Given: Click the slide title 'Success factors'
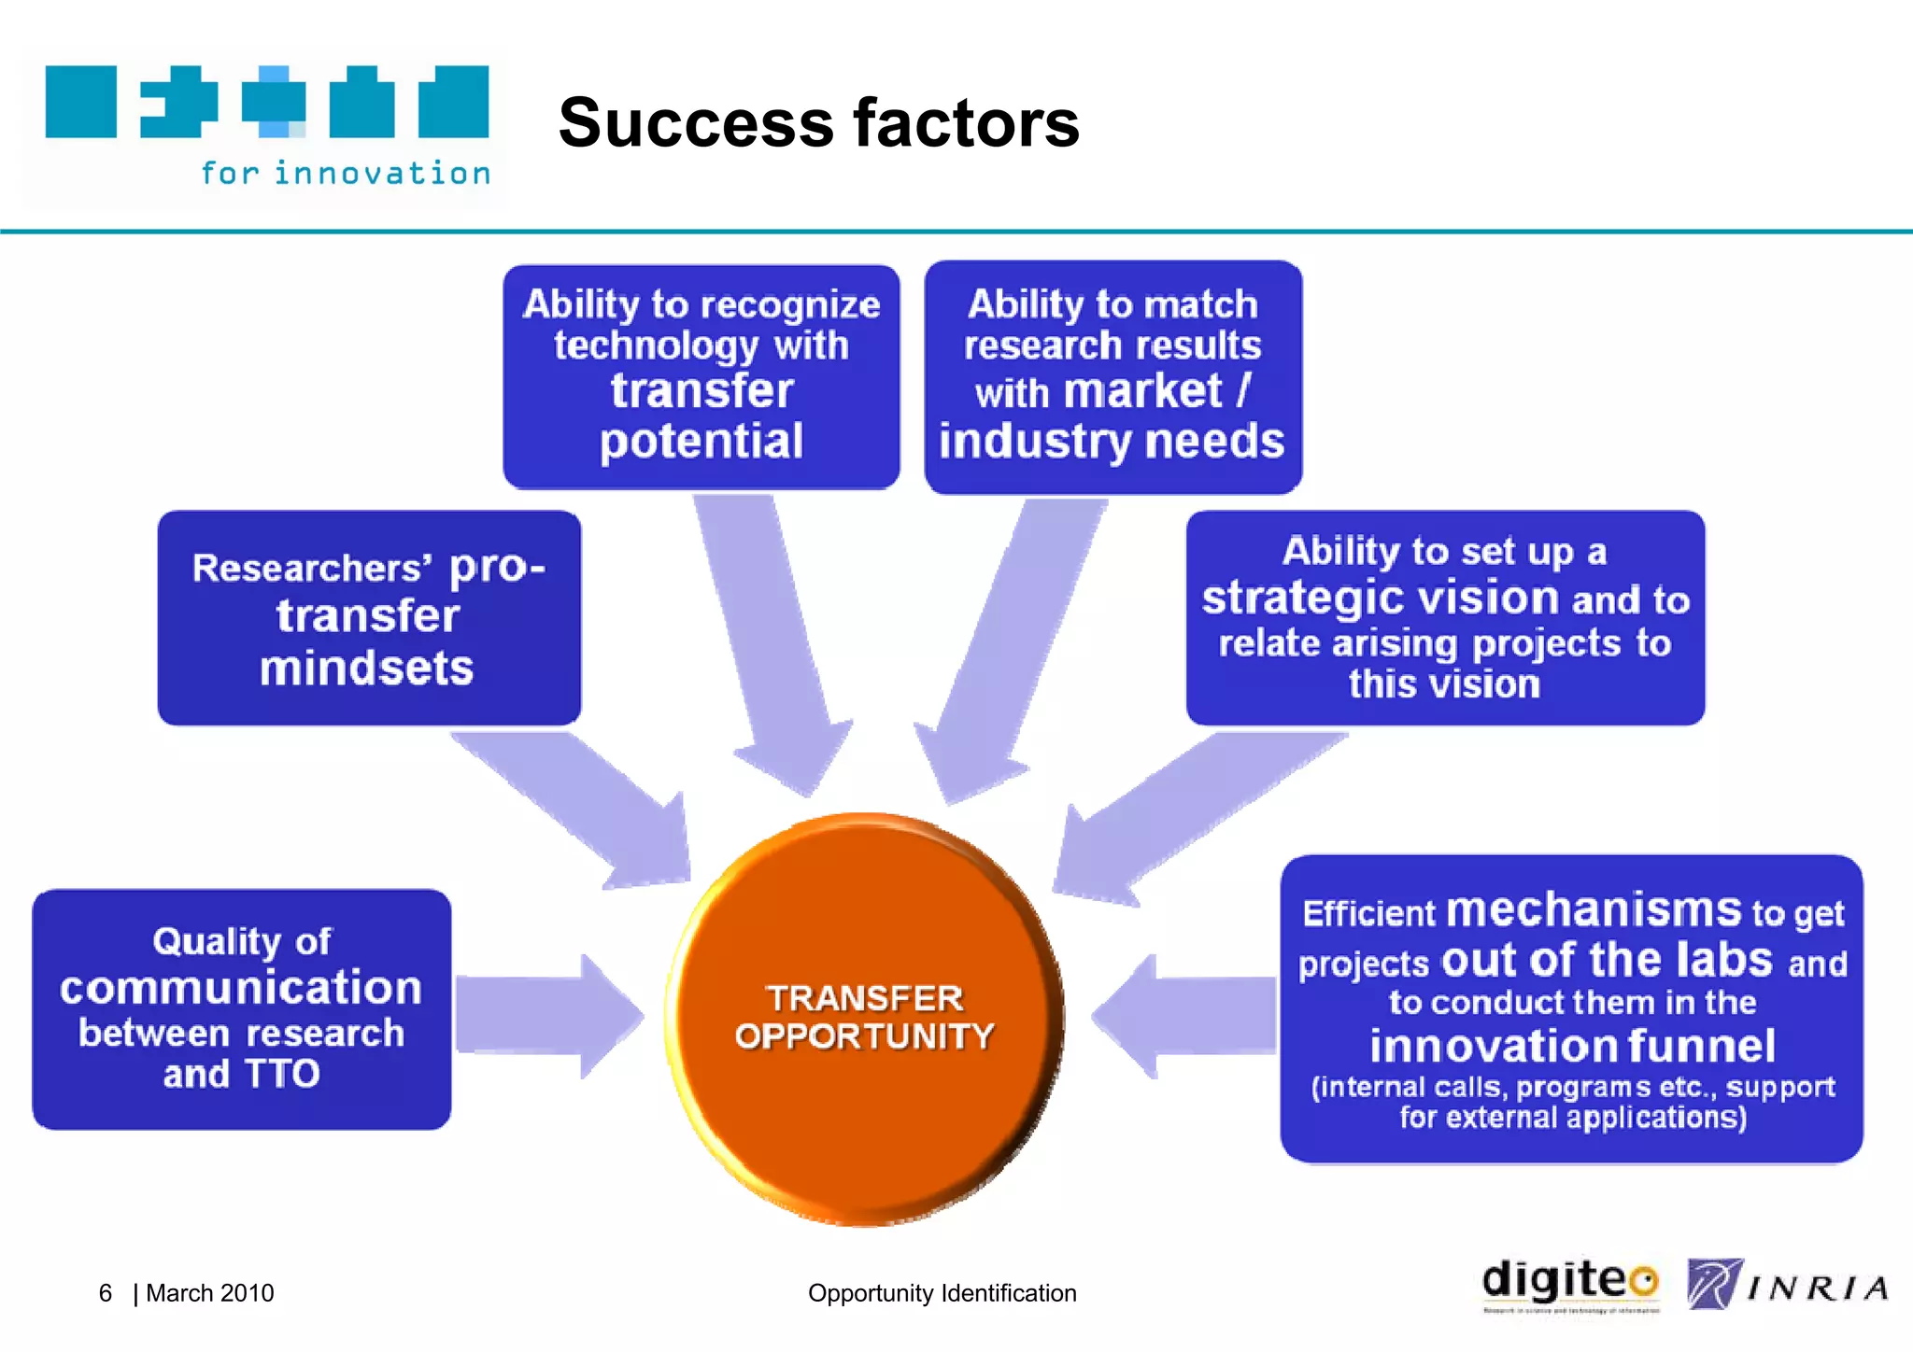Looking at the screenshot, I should pyautogui.click(x=818, y=123).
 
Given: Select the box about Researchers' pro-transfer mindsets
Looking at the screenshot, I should pyautogui.click(x=369, y=617).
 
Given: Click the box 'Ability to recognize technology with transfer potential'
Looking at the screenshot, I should pyautogui.click(x=701, y=376).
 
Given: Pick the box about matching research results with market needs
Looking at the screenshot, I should pyautogui.click(x=1112, y=376).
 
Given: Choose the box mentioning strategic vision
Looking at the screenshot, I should pyautogui.click(x=1444, y=617).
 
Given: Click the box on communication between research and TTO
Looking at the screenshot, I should pyautogui.click(x=241, y=1008).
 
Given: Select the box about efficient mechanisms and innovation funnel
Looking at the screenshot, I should pyautogui.click(x=1571, y=1008).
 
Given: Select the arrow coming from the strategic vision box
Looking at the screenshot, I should pyautogui.click(x=1186, y=812).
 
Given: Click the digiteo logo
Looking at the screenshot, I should pyautogui.click(x=1569, y=1284).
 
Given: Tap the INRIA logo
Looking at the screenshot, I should pyautogui.click(x=1786, y=1286).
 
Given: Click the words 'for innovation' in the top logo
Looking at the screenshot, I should pyautogui.click(x=346, y=174).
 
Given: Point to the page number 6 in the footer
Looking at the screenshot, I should pyautogui.click(x=106, y=1293).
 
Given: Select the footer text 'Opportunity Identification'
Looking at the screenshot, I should pyautogui.click(x=942, y=1293).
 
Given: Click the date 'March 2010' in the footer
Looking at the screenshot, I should pyautogui.click(x=210, y=1293).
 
